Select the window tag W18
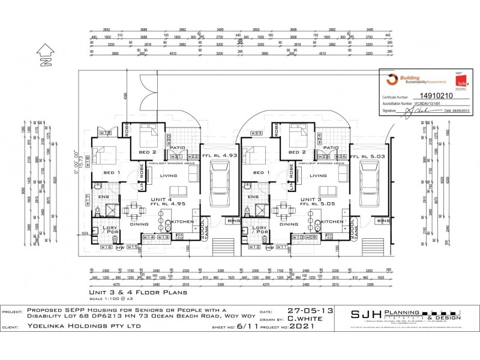click(88, 160)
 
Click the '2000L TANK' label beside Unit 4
click(203, 228)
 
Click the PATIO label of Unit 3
click(331, 147)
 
